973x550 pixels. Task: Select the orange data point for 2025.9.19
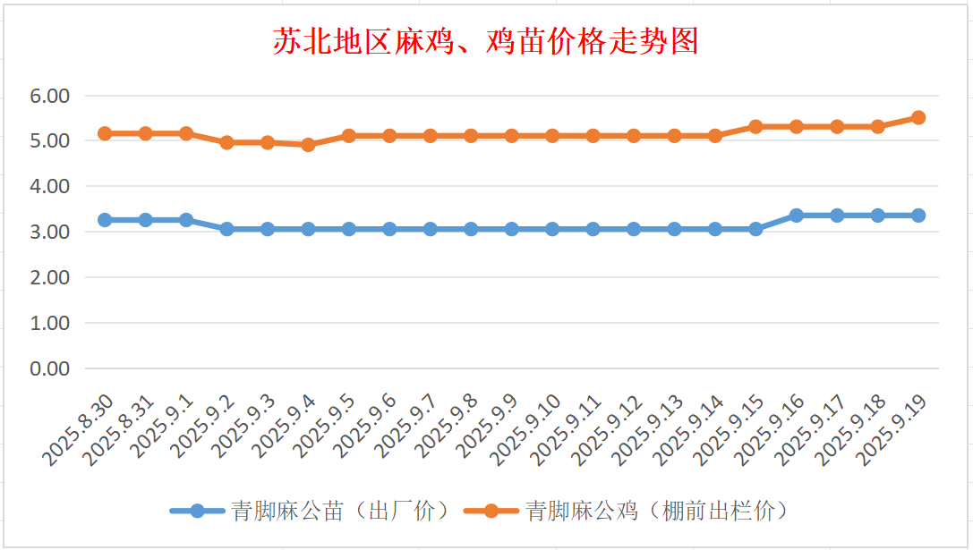918,117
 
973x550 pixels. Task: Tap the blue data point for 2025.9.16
796,216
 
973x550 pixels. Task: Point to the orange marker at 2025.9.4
308,144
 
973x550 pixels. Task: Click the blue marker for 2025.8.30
105,220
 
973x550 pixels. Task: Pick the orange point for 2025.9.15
755,127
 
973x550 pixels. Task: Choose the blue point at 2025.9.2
226,229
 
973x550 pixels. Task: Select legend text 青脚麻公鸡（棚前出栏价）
657,511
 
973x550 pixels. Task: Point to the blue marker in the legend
198,511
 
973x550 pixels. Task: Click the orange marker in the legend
491,511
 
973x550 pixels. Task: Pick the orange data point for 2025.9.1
186,133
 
